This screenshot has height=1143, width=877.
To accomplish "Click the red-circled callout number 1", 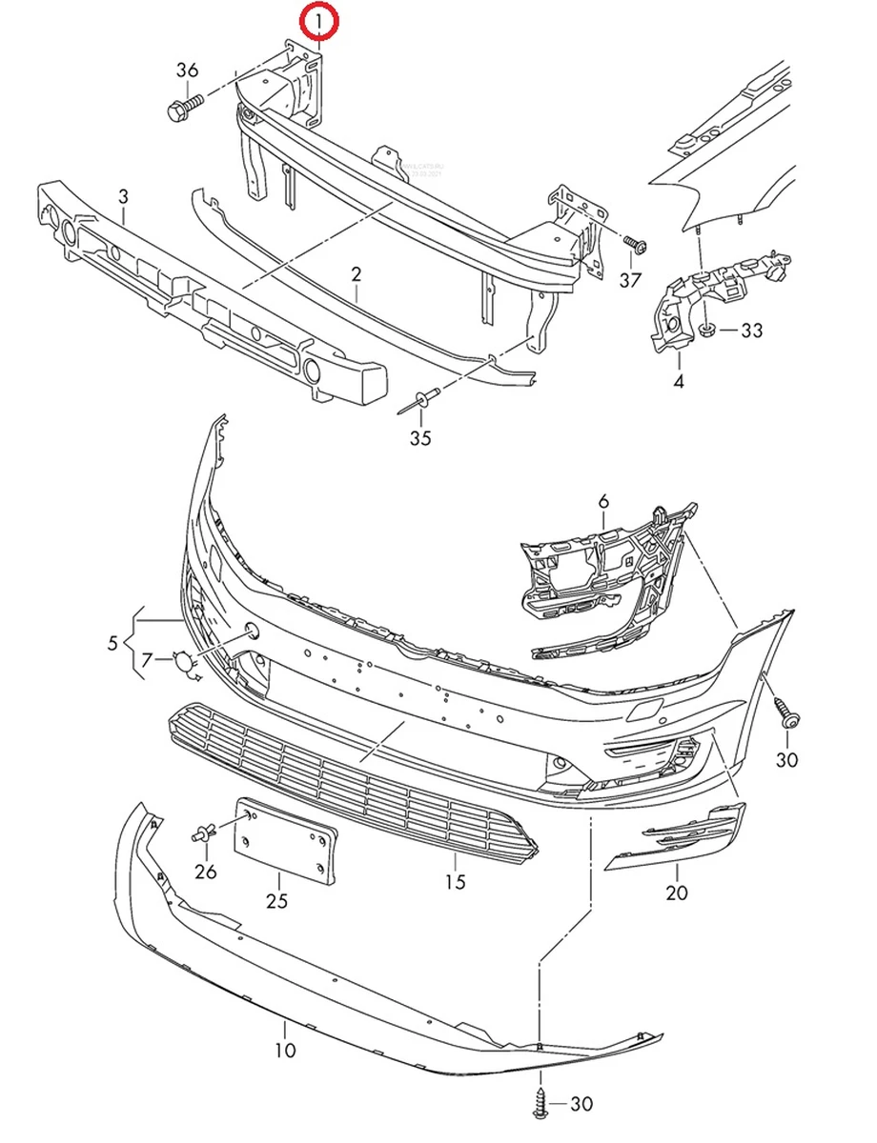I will point(318,22).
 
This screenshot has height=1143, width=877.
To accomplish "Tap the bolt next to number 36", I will point(182,106).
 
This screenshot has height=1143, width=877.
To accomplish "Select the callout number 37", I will point(630,279).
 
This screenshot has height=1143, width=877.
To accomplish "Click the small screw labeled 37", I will point(636,245).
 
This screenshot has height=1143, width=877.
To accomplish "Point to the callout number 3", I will point(123,197).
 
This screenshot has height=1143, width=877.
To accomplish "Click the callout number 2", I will point(357,275).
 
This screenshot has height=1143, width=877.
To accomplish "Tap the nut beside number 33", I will point(707,331).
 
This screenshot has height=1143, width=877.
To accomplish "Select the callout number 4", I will point(678,383).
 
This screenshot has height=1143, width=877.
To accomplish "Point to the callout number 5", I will point(113,643).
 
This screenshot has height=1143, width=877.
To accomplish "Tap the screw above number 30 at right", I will point(786,712).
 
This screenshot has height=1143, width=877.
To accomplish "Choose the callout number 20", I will point(677,893).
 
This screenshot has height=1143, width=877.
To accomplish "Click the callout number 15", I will point(456,882).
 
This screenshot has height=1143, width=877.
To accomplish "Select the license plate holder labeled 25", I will point(287,837).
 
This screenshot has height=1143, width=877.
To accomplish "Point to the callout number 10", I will point(285,1052).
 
